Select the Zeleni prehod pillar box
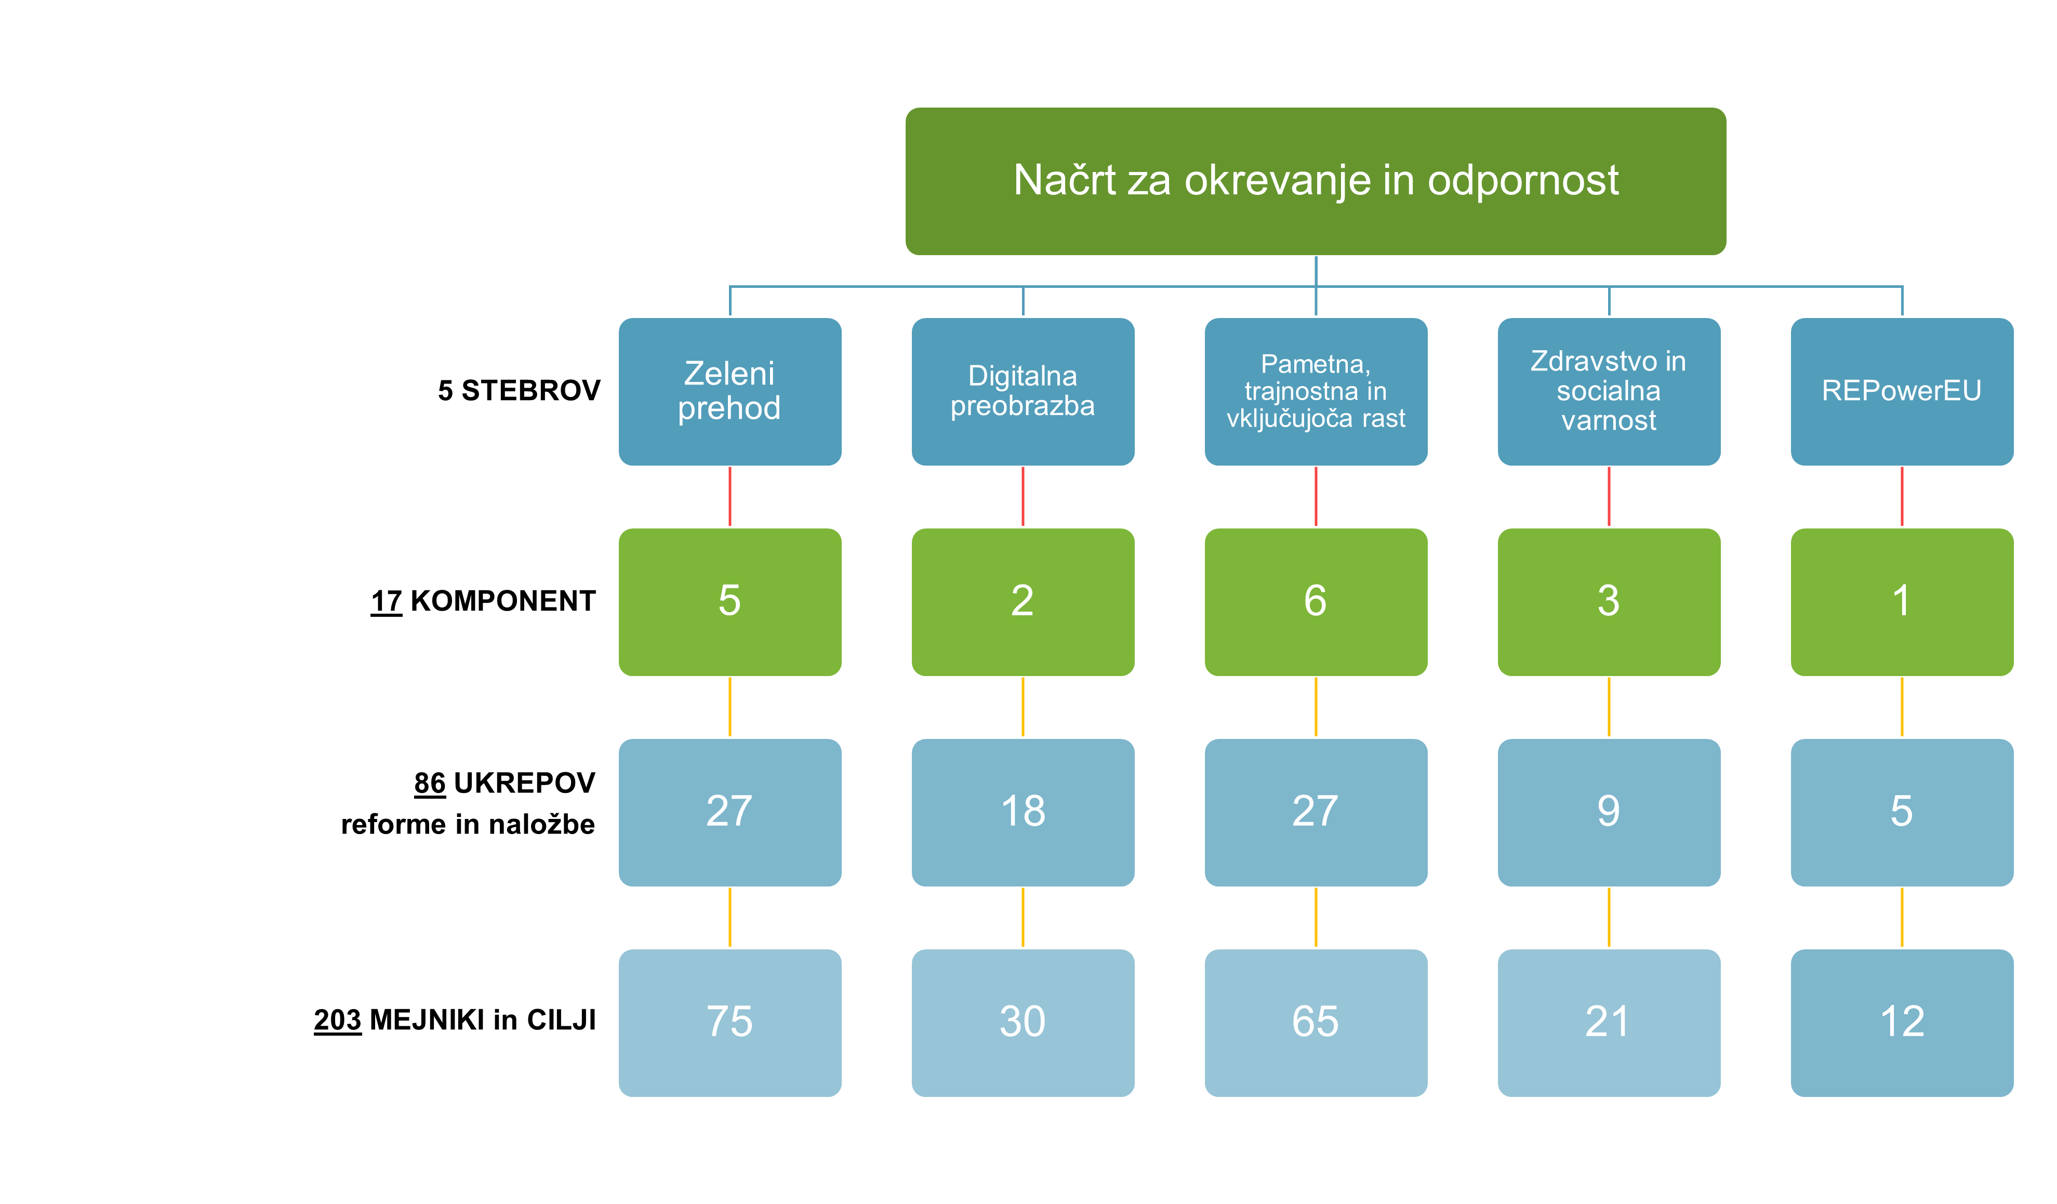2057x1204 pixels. [x=730, y=392]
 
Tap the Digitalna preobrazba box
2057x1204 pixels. [x=1023, y=392]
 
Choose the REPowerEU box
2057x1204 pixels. [x=1902, y=392]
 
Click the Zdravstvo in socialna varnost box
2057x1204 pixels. [x=1609, y=392]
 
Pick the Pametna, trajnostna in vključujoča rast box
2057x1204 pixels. [x=1316, y=392]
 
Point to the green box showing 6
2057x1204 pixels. [x=1316, y=602]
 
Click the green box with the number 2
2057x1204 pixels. [x=1023, y=602]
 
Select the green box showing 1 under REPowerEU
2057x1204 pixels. [x=1902, y=602]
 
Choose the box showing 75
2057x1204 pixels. [x=730, y=1023]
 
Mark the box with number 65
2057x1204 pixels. [x=1316, y=1023]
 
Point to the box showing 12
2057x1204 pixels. [x=1902, y=1023]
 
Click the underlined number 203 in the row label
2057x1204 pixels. [x=337, y=1021]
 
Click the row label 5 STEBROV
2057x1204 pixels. [x=519, y=390]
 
